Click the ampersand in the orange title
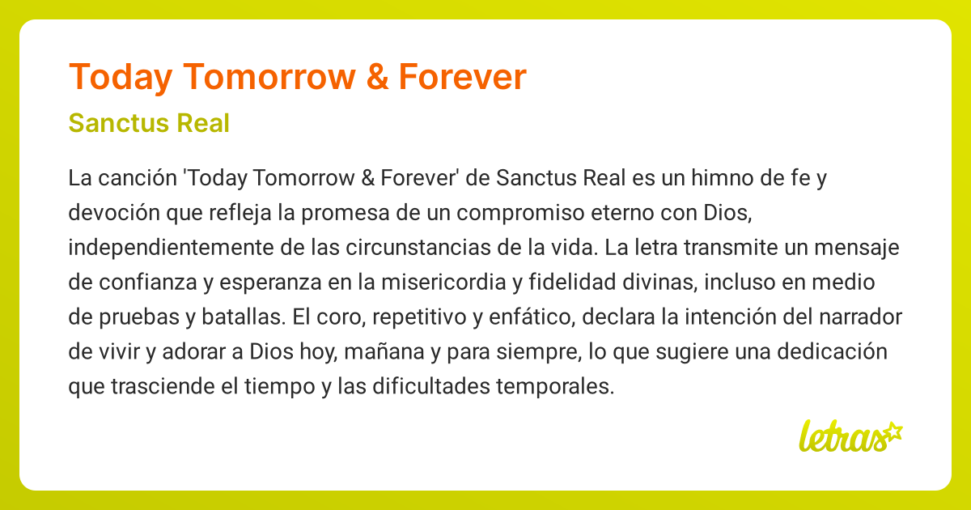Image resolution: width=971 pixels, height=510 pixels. coord(377,77)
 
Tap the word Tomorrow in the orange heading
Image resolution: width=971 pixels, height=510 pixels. coord(269,77)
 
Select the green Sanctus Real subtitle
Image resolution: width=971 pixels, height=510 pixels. coord(149,123)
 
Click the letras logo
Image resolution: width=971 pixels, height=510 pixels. coord(850,437)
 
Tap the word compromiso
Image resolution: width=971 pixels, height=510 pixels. coord(520,213)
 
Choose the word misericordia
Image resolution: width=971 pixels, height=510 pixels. coord(443,283)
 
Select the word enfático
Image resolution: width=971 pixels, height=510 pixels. coord(532,317)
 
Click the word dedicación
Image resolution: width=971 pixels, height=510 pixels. coord(832,351)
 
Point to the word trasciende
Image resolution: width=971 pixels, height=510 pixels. coord(163,386)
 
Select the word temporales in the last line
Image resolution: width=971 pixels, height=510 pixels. coord(555,386)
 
